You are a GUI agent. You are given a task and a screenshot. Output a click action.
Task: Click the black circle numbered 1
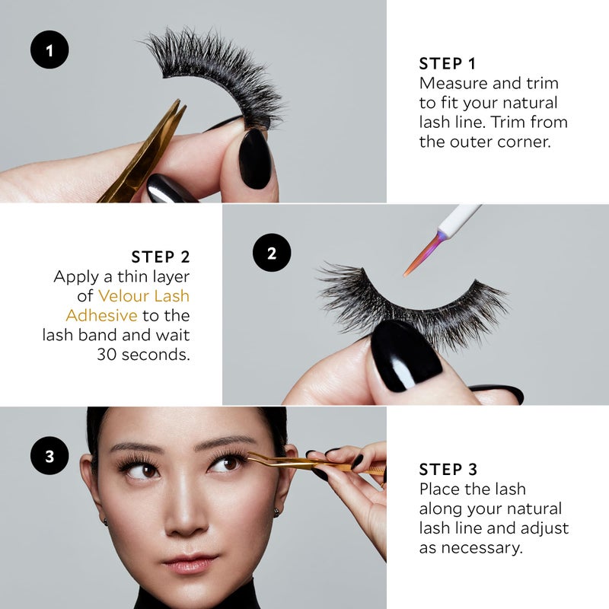(x=49, y=49)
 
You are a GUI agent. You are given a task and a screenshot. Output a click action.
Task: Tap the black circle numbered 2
(x=272, y=253)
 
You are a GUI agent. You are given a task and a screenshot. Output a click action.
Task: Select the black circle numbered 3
(x=49, y=455)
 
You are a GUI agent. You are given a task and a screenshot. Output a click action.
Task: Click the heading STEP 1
(x=448, y=64)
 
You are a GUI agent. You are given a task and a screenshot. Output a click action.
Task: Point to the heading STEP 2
(x=161, y=257)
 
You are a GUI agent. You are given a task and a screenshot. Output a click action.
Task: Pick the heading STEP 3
(x=448, y=470)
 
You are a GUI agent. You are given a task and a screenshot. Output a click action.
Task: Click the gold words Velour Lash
(x=144, y=296)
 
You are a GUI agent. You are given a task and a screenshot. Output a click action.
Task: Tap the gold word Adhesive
(x=101, y=315)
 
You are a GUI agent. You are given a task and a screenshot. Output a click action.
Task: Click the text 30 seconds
(x=143, y=354)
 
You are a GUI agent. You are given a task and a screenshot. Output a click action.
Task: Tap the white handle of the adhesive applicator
(x=460, y=219)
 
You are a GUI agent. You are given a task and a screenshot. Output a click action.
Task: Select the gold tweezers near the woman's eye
(x=314, y=464)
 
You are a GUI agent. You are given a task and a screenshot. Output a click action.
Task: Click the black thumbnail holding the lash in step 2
(x=406, y=356)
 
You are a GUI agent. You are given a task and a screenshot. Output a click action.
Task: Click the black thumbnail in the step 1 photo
(x=254, y=159)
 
